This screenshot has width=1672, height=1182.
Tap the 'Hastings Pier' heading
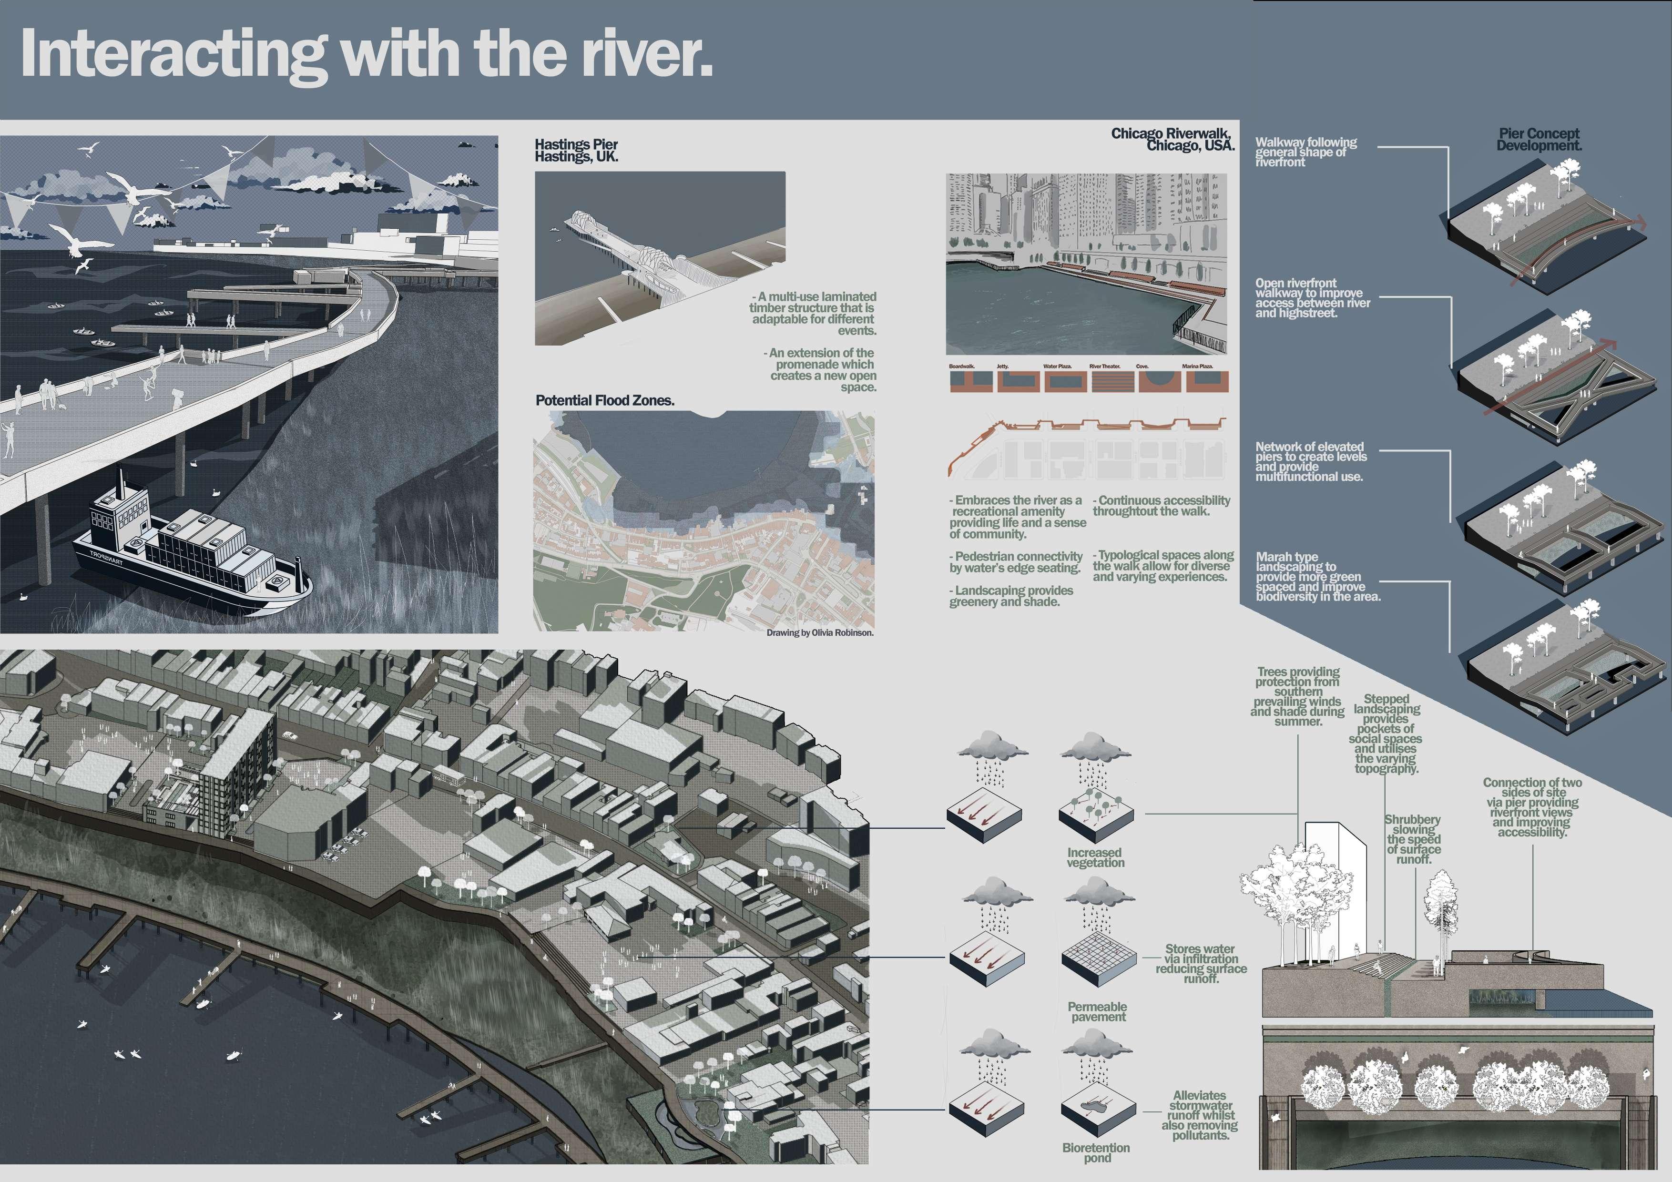click(576, 144)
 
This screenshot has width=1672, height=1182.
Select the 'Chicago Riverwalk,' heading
click(1170, 134)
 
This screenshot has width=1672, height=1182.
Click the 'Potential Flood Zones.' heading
click(604, 400)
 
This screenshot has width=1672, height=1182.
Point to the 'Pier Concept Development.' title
click(1539, 139)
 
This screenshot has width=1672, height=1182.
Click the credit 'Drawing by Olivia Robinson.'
click(819, 633)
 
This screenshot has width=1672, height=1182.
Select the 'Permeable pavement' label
click(1098, 1011)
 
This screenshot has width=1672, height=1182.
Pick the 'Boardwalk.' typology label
click(962, 367)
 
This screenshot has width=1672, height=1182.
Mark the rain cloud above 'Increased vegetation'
click(1096, 752)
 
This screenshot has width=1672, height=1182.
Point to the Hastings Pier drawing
click(659, 258)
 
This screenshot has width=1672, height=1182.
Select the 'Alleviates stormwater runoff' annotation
click(1199, 1115)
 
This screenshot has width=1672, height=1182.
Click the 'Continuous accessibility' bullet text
click(1162, 505)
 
